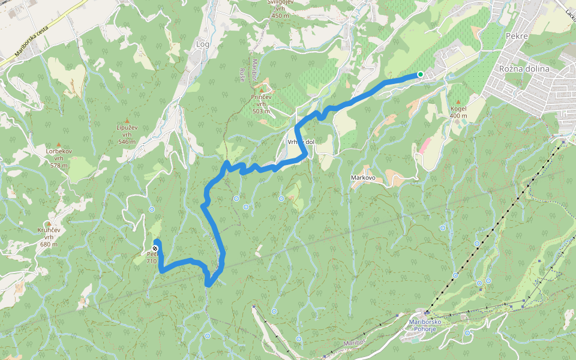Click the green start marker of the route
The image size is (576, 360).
pos(420,74)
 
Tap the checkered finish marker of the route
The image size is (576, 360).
pos(155,248)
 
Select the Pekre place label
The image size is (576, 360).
pos(516,36)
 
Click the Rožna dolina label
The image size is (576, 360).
pos(524,68)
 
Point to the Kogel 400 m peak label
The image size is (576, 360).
pos(458,112)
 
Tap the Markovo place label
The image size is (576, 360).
pos(363,178)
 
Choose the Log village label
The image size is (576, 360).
pos(203,44)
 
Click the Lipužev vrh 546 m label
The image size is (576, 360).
pos(127,134)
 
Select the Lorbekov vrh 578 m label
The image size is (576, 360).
pos(59,158)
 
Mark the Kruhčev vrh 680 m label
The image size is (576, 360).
pos(49,236)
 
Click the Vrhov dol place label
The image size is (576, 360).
pos(301,142)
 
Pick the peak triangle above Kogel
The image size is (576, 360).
pos(458,102)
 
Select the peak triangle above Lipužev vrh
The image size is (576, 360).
pos(127,120)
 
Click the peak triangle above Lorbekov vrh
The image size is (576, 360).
pos(59,144)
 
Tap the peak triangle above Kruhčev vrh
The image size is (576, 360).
pos(49,223)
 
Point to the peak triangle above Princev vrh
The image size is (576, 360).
pos(261,89)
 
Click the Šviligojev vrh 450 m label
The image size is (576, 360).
pos(280,8)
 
